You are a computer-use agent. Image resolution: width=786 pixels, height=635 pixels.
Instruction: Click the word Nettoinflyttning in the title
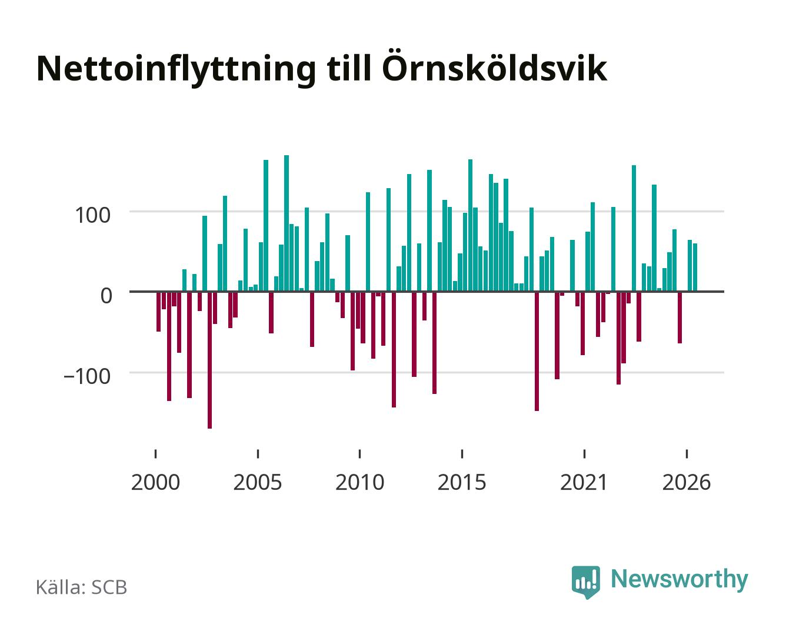(x=176, y=70)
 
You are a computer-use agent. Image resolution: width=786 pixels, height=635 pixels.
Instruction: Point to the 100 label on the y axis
(x=92, y=215)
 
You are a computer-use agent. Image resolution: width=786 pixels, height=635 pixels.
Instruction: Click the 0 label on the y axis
(x=106, y=295)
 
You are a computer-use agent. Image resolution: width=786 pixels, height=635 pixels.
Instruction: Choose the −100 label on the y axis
(x=87, y=376)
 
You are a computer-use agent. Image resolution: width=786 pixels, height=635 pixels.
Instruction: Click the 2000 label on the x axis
(x=155, y=482)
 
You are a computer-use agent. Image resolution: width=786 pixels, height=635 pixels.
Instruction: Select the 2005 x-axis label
(x=258, y=482)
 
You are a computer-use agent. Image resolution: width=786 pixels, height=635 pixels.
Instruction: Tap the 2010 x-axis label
(x=360, y=482)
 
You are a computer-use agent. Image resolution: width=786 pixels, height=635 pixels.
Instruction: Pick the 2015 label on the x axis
(x=462, y=482)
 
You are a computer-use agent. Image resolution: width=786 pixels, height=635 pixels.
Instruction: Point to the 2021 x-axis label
(x=584, y=482)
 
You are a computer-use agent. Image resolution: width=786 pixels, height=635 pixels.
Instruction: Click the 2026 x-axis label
(x=687, y=482)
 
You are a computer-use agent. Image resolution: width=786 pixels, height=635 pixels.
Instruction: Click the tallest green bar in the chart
(x=287, y=223)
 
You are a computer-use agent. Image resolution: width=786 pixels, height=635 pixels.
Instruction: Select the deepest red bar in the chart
(x=209, y=360)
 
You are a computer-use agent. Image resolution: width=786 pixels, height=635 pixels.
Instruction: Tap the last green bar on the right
(x=695, y=268)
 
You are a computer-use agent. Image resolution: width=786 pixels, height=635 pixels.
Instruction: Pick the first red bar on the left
(x=159, y=312)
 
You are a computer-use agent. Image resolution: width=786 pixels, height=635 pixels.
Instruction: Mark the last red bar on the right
(x=680, y=317)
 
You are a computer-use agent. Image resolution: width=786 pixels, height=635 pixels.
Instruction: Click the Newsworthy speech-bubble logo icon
(x=585, y=581)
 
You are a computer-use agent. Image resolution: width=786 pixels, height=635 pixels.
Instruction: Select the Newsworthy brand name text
(x=680, y=580)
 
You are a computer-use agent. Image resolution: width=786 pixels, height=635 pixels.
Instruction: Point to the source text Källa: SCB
(x=82, y=587)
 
